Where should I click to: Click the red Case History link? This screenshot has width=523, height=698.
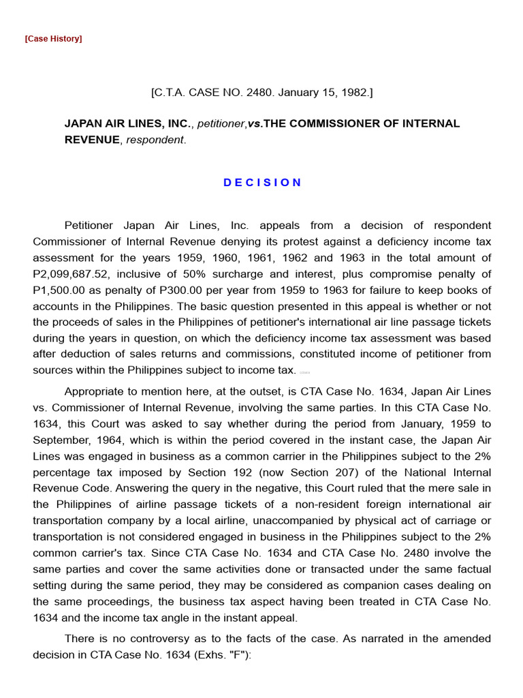pyautogui.click(x=53, y=39)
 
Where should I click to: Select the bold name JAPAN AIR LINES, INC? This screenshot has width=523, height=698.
pyautogui.click(x=128, y=123)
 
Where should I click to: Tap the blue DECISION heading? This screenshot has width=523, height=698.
pyautogui.click(x=262, y=183)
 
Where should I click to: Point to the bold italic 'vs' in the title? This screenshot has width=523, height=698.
pyautogui.click(x=254, y=123)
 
